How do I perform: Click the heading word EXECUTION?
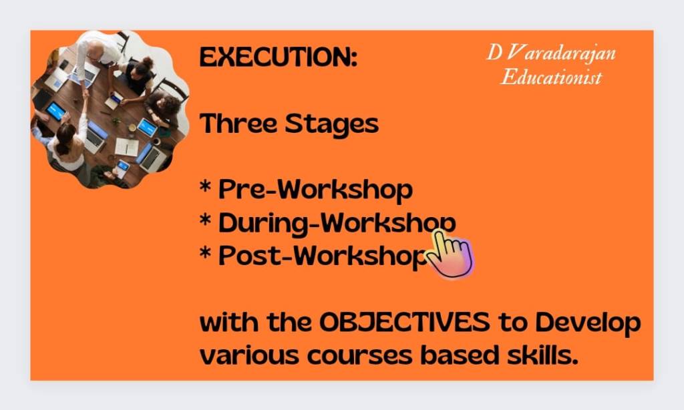[278, 57]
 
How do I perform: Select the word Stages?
[332, 125]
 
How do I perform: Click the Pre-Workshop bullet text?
[315, 190]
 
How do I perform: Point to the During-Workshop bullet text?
[337, 223]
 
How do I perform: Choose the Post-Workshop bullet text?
[323, 256]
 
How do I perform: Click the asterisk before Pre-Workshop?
[206, 188]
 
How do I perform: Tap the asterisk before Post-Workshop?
[206, 253]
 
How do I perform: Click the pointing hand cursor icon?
[450, 254]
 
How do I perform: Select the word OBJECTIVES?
[404, 323]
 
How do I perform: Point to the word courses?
[359, 355]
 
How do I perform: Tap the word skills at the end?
[543, 355]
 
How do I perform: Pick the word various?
[249, 355]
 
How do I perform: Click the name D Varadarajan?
[551, 53]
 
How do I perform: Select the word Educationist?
[551, 77]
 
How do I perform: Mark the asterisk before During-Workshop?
[206, 220]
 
